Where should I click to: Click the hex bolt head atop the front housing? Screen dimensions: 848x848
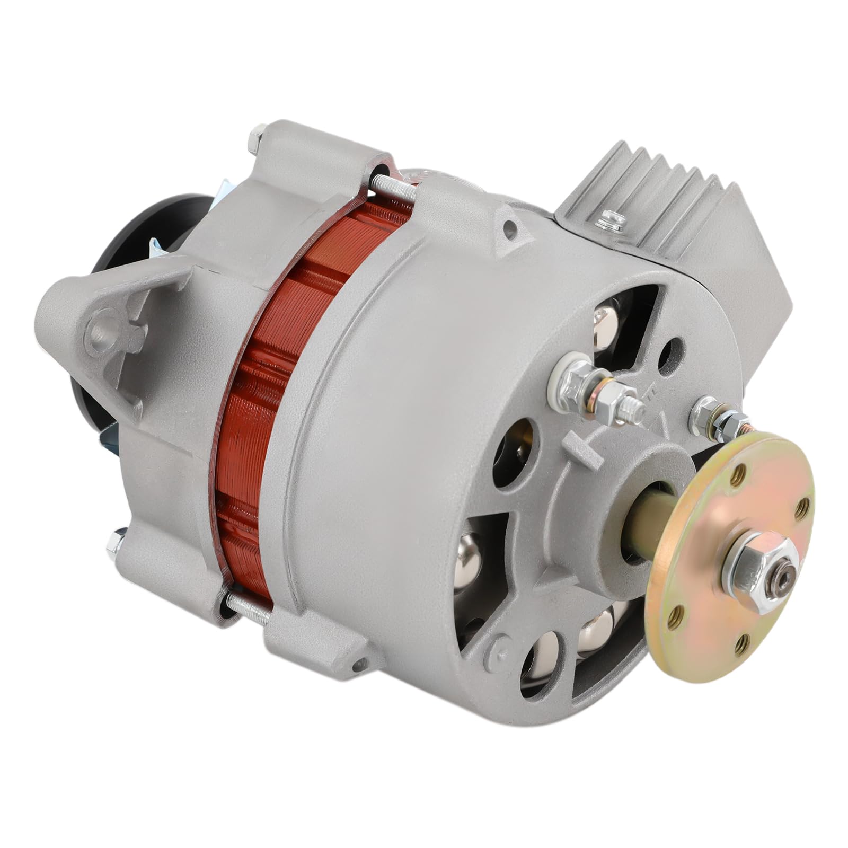tap(257, 137)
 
